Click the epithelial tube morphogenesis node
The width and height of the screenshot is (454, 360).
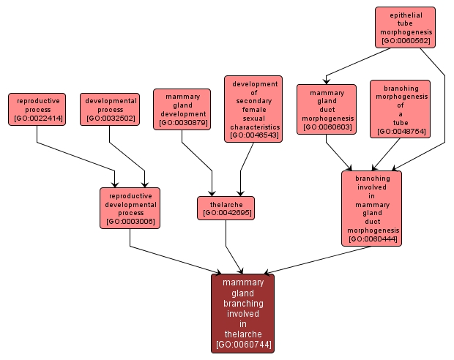click(405, 27)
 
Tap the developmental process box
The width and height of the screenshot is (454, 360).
click(111, 109)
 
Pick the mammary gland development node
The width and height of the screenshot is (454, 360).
click(182, 109)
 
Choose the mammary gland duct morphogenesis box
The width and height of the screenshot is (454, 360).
click(327, 109)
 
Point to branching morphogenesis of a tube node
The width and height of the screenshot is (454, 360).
click(400, 109)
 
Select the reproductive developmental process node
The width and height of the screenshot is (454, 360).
click(130, 208)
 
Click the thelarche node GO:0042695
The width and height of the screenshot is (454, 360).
click(226, 208)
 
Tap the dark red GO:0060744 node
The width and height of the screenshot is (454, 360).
click(242, 313)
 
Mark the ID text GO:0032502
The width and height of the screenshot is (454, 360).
click(111, 119)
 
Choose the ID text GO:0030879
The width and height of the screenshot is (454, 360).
click(182, 124)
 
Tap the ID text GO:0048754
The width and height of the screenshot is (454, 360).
click(400, 132)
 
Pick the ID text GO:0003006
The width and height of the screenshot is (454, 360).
click(130, 221)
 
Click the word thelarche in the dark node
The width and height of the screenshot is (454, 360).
click(242, 334)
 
